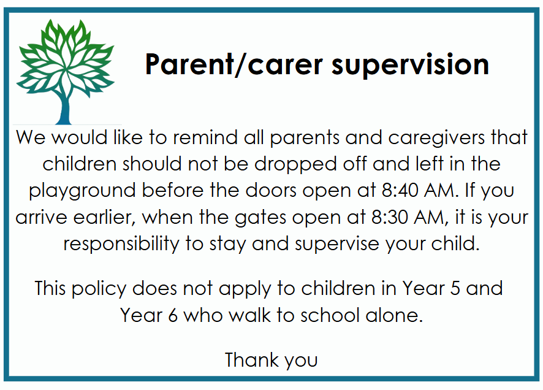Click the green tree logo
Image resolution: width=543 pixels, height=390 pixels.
66,72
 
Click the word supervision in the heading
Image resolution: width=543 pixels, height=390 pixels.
410,65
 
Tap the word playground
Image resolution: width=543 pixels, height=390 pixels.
82,191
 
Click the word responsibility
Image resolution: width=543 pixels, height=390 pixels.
121,245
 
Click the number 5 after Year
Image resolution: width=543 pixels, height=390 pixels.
454,289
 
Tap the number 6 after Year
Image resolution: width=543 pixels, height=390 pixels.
173,315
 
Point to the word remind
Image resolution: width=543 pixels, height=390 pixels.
205,137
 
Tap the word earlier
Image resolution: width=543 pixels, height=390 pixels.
104,218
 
